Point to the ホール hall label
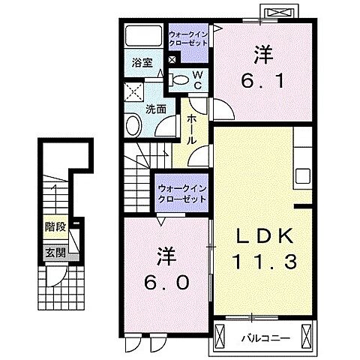192,128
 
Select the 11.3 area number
262,262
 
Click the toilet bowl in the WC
180,78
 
